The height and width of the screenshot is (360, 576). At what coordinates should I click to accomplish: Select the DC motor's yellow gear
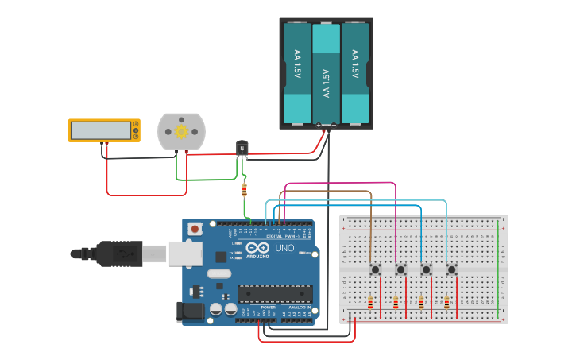coord(181,131)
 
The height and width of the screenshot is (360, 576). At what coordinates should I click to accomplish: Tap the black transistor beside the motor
coord(242,148)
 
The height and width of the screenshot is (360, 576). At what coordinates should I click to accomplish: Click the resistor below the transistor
coord(244,189)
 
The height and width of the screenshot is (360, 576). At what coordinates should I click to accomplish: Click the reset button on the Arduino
coord(195,229)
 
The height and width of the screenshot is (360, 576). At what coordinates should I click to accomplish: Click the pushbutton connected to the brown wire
coord(375,269)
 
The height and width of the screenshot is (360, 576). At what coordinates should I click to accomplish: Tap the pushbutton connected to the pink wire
coord(400,269)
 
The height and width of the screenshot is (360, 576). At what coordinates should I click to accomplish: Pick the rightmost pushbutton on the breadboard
coord(451,269)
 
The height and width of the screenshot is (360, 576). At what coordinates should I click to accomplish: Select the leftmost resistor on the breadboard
coord(370,302)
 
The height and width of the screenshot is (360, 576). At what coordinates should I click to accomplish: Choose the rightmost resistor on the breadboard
coord(446,302)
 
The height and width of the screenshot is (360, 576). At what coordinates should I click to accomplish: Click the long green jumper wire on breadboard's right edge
coord(498,270)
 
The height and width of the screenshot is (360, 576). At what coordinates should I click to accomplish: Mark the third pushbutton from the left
coord(426,269)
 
